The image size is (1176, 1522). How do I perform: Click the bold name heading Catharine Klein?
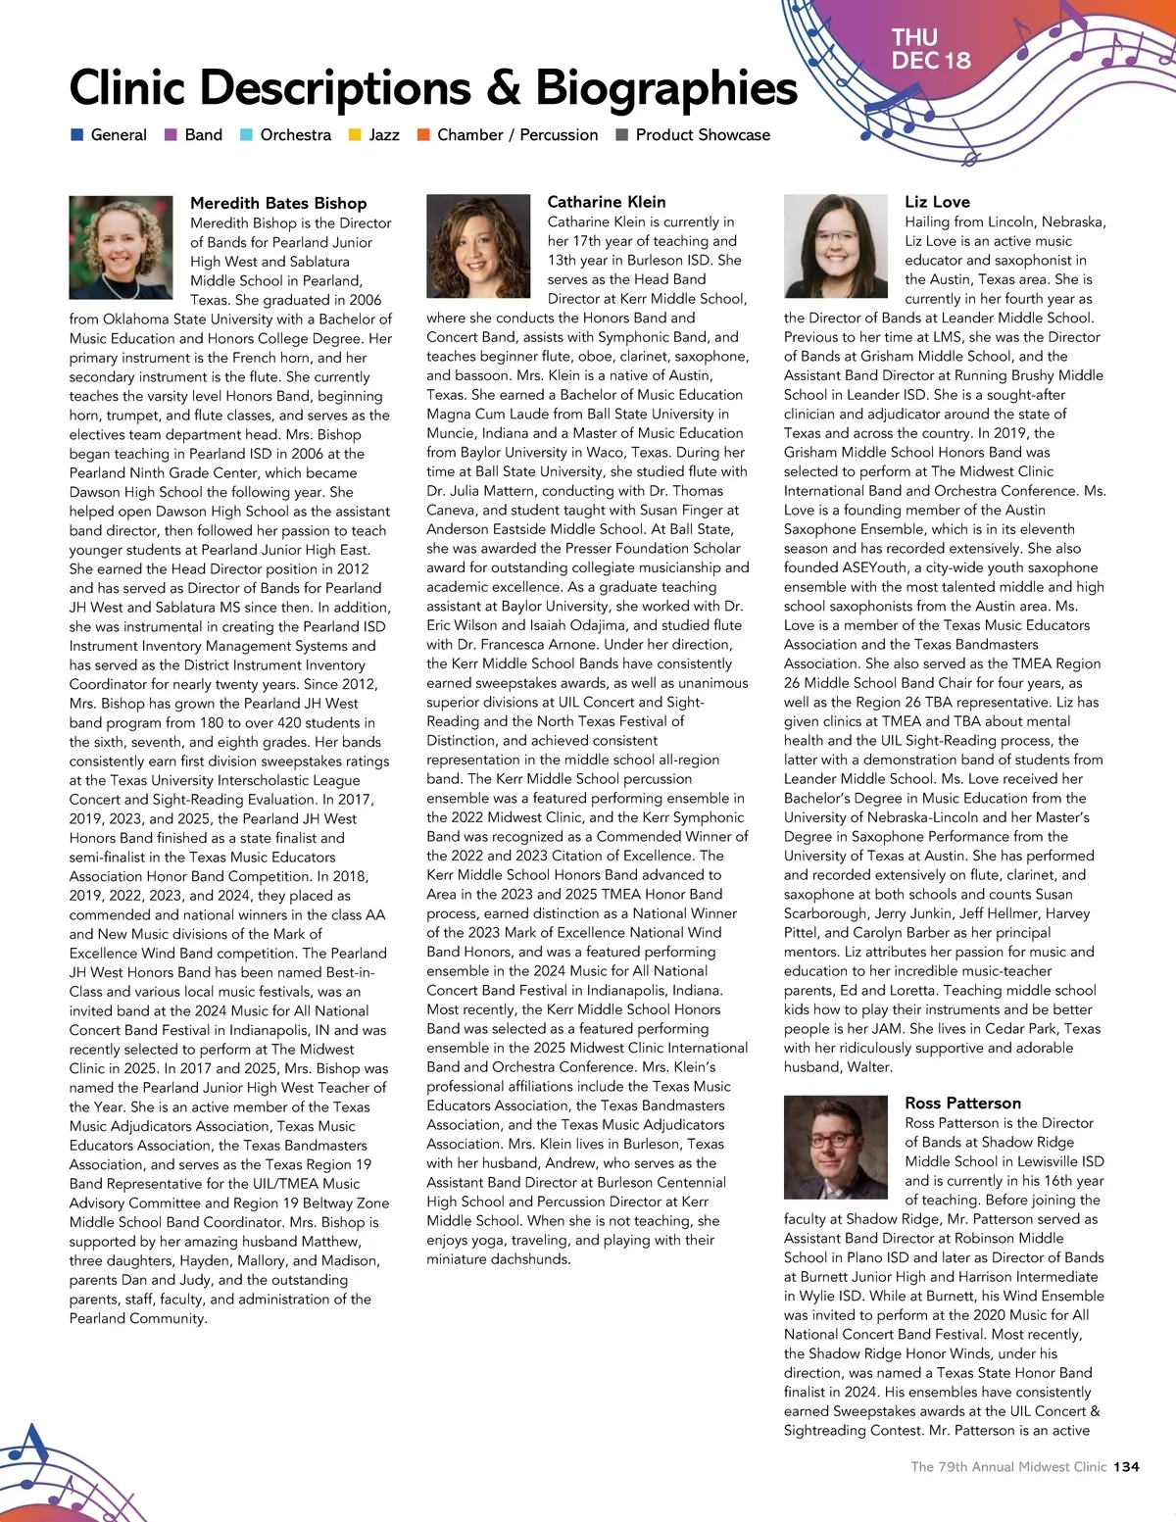coord(606,202)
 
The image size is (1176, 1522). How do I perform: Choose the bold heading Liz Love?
coord(937,202)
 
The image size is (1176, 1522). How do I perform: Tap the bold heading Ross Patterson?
coord(962,1104)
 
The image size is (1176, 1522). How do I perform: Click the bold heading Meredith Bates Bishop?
coord(278,203)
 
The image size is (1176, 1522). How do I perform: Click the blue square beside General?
coord(77,135)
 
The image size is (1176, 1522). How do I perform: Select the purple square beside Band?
coord(171,135)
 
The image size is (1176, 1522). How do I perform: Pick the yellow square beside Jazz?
coord(355,135)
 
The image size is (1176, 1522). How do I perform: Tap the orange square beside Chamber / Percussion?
coord(423,135)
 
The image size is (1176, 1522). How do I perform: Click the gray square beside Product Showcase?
coord(621,135)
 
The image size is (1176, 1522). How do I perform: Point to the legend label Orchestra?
coord(295,135)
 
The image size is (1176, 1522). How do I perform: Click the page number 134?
coord(1127,1467)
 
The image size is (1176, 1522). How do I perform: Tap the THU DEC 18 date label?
coord(930,49)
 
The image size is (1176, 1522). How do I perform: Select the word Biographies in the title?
coord(666,87)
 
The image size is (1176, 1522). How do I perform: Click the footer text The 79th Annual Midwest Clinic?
coord(1007,1467)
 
